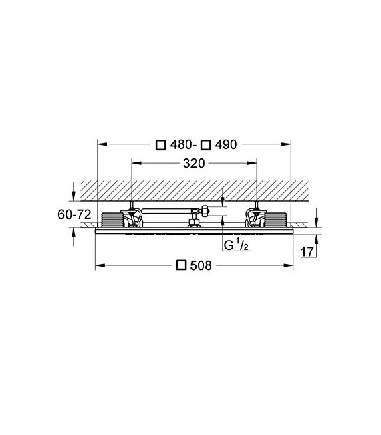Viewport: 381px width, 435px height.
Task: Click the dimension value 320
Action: click(x=195, y=163)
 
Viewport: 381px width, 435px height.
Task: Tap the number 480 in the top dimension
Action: click(x=180, y=144)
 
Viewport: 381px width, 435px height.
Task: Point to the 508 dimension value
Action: click(x=201, y=265)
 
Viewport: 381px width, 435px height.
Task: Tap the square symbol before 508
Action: click(x=180, y=265)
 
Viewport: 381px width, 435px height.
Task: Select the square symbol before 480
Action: click(x=160, y=144)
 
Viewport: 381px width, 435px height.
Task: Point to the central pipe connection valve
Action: click(x=197, y=214)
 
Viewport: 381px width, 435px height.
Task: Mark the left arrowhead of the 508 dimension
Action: click(x=99, y=265)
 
